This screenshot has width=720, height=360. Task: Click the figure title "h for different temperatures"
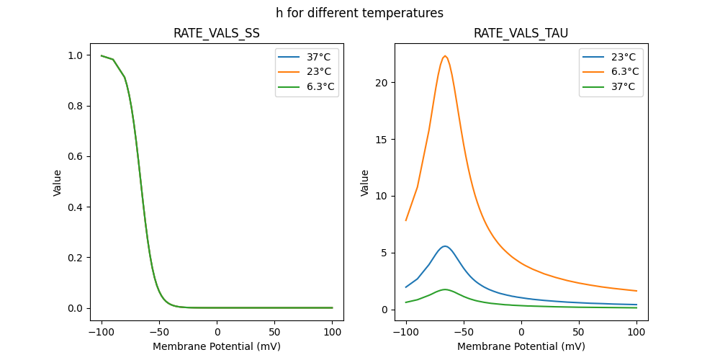point(359,13)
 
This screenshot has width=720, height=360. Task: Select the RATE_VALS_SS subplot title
point(216,33)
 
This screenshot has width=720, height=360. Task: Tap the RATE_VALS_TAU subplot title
point(521,33)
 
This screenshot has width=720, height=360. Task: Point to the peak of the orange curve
point(445,56)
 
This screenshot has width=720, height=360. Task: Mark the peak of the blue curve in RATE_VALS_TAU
point(445,246)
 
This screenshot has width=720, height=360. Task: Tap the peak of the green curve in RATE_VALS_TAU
point(445,289)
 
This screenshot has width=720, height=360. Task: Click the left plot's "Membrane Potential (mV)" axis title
point(216,346)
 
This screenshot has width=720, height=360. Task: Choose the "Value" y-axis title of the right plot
point(364,183)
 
